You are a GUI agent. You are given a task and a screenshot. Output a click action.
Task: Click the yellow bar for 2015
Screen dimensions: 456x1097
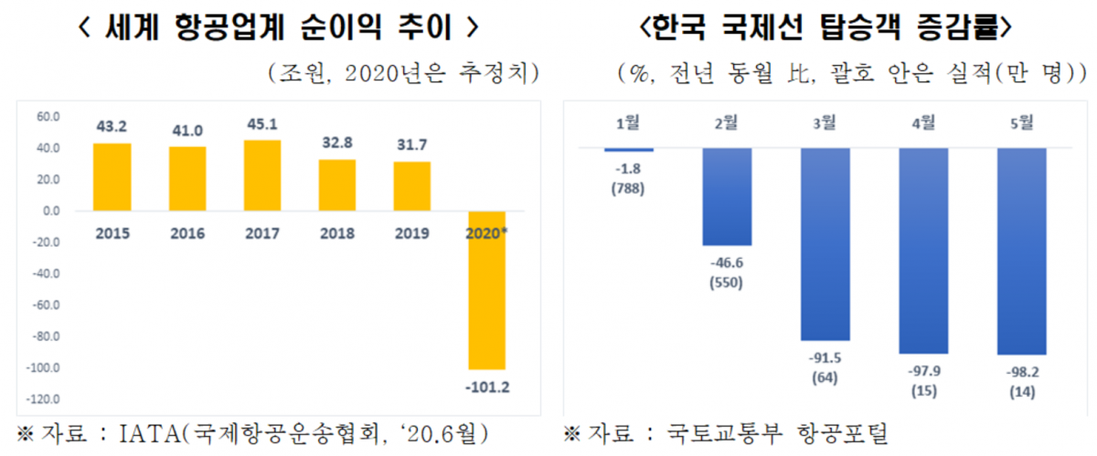(112, 177)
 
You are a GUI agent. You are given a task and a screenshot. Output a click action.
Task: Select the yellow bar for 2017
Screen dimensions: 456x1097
(262, 175)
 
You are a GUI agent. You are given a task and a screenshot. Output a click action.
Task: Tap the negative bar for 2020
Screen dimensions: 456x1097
(486, 290)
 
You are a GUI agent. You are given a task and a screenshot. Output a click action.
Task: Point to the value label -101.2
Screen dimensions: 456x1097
(486, 387)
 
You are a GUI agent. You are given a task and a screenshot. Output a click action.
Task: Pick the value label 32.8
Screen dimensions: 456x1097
(337, 142)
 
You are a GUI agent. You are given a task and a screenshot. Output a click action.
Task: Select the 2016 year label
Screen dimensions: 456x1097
(187, 233)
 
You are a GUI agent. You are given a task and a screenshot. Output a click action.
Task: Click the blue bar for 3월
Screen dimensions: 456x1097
(825, 244)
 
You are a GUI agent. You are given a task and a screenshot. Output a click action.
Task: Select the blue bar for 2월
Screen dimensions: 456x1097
(727, 196)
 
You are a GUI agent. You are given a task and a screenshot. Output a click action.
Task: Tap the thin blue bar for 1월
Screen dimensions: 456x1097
(629, 149)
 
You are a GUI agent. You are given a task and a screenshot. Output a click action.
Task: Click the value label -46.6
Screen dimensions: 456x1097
(727, 262)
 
